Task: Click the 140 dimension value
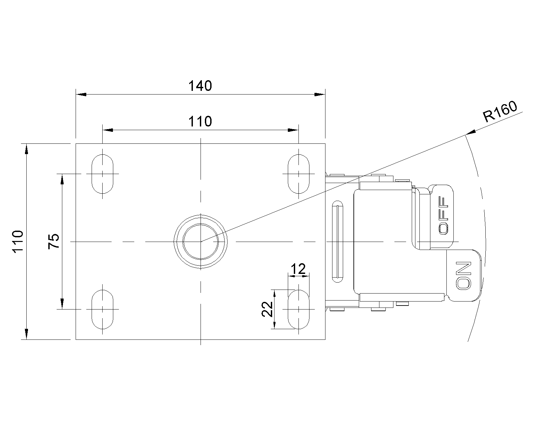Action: pyautogui.click(x=200, y=86)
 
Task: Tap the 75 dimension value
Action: pyautogui.click(x=54, y=241)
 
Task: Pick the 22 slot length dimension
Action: pyautogui.click(x=267, y=309)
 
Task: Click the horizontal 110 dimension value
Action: pyautogui.click(x=200, y=122)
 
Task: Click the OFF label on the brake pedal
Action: pyautogui.click(x=444, y=215)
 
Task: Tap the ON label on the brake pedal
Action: pyautogui.click(x=464, y=275)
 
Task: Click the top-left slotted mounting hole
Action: pyautogui.click(x=102, y=174)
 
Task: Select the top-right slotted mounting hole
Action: pyautogui.click(x=298, y=174)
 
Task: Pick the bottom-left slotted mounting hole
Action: pyautogui.click(x=102, y=309)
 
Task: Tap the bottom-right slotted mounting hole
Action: pyautogui.click(x=298, y=309)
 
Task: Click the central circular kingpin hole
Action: pyautogui.click(x=201, y=241)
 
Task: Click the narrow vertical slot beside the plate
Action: pyautogui.click(x=338, y=242)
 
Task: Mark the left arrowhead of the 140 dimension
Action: pyautogui.click(x=81, y=94)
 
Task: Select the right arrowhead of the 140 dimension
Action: pyautogui.click(x=320, y=94)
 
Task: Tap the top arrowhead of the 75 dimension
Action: pyautogui.click(x=62, y=179)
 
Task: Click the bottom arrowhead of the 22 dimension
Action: pyautogui.click(x=274, y=324)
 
